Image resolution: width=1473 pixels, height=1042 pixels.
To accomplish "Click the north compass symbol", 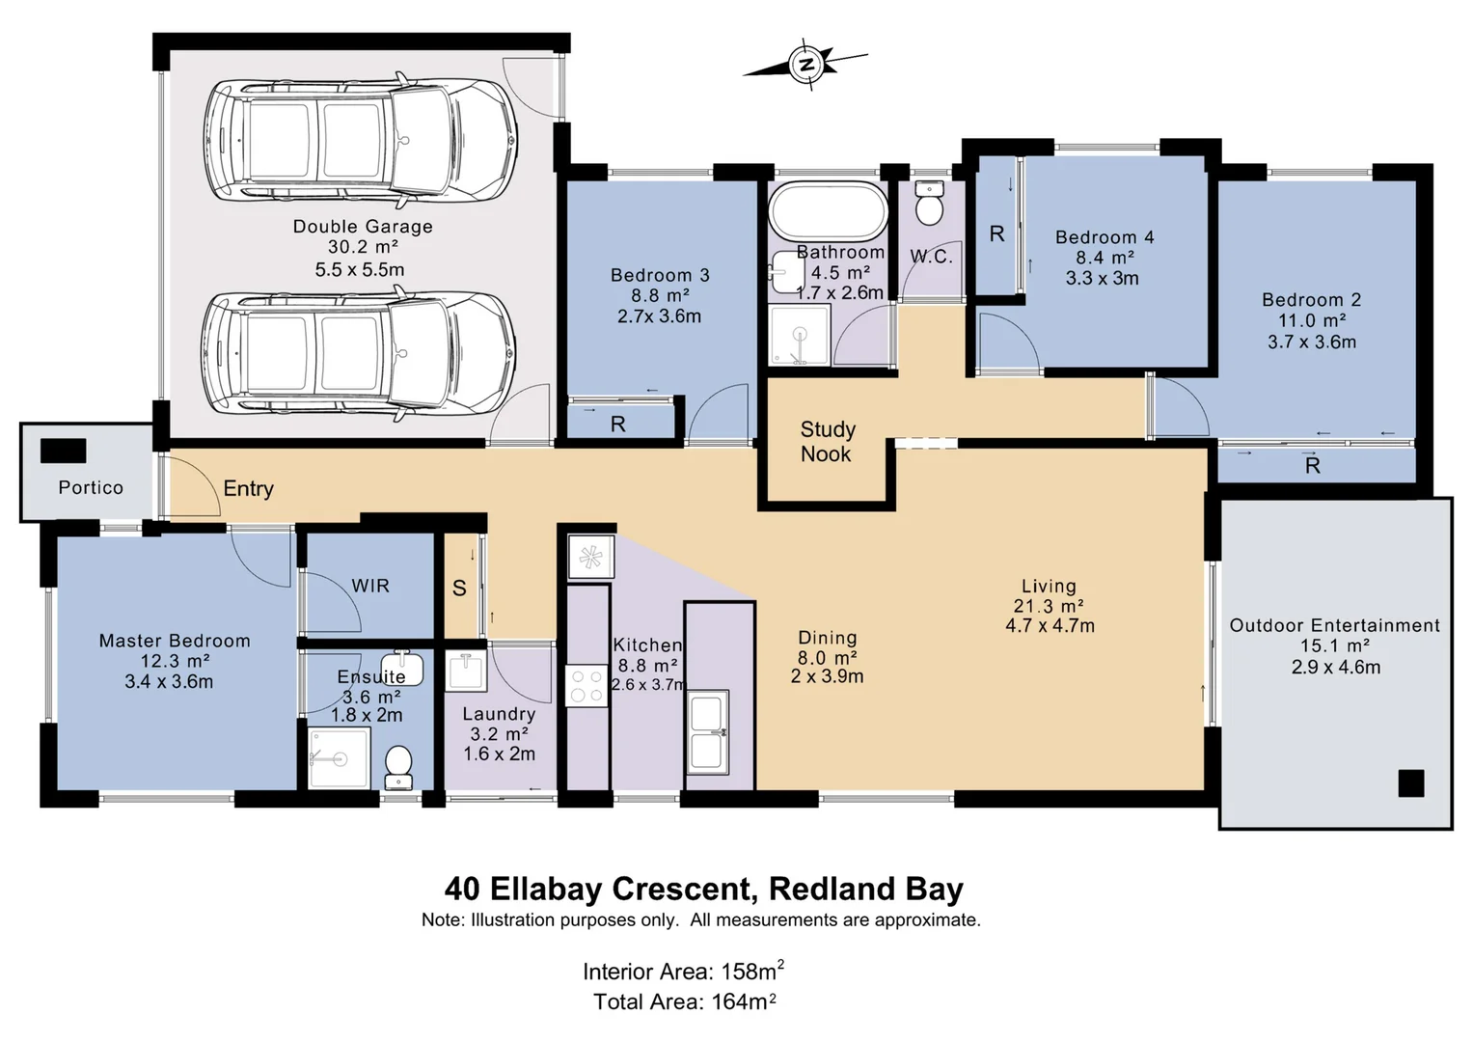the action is pyautogui.click(x=806, y=64).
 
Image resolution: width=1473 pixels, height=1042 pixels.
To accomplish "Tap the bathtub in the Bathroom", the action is pyautogui.click(x=829, y=212).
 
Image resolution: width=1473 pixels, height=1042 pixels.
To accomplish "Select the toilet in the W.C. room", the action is pyautogui.click(x=929, y=203).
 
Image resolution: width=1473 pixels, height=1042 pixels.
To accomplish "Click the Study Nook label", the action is pyautogui.click(x=828, y=442).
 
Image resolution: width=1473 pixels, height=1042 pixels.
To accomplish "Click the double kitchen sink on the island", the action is pyautogui.click(x=707, y=731).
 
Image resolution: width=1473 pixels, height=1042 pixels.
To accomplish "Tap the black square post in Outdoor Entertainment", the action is pyautogui.click(x=1410, y=783).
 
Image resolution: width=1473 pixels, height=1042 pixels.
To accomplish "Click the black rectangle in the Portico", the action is pyautogui.click(x=63, y=451).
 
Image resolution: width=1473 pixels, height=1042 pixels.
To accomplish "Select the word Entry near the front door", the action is pyautogui.click(x=249, y=489).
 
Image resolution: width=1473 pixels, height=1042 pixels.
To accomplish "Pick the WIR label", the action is pyautogui.click(x=370, y=586).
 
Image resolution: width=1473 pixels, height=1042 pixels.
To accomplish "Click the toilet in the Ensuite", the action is pyautogui.click(x=398, y=767).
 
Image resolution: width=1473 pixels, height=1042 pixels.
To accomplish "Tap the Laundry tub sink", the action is pyautogui.click(x=466, y=671).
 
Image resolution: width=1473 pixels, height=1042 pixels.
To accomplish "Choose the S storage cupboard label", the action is pyautogui.click(x=459, y=588).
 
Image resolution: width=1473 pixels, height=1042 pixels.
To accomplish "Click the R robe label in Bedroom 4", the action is pyautogui.click(x=996, y=233).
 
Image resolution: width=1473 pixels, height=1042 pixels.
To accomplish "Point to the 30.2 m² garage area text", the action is pyautogui.click(x=363, y=247).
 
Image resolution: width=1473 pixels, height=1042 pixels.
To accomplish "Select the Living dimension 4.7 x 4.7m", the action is pyautogui.click(x=1050, y=625).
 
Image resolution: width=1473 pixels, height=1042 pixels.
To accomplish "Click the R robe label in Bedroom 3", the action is pyautogui.click(x=617, y=425).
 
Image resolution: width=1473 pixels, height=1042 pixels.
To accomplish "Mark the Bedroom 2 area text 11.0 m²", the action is pyautogui.click(x=1312, y=320).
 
